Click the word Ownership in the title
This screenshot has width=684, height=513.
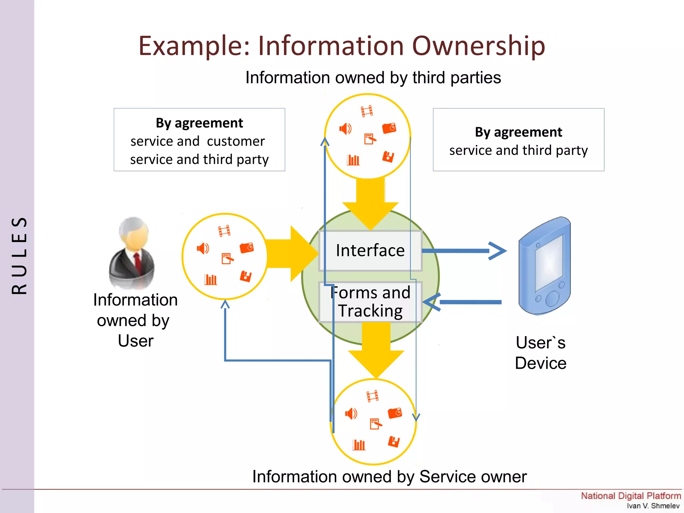478,46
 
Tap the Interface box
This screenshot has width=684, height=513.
370,250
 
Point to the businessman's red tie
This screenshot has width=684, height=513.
137,262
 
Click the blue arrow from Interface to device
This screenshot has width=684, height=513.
464,250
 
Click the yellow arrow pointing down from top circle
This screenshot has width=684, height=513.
370,204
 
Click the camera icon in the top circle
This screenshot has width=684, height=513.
389,128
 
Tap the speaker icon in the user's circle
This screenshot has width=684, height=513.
203,248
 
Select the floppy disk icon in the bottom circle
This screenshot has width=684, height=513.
394,442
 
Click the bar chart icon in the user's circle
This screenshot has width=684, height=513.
210,279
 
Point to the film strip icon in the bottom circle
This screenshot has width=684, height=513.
372,396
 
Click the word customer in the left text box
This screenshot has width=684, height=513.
236,141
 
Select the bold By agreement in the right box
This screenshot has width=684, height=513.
518,132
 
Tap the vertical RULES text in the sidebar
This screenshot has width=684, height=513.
19,255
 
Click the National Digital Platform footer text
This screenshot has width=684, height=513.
631,496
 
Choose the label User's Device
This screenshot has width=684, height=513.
540,353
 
